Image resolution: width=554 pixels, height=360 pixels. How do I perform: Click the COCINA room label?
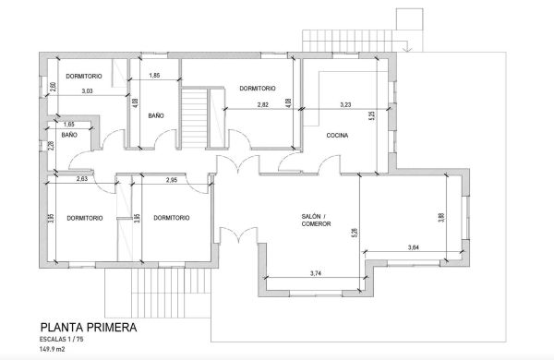[337, 136]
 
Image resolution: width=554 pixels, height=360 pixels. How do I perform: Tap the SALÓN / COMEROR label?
[316, 220]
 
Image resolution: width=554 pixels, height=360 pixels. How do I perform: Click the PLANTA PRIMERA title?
[89, 328]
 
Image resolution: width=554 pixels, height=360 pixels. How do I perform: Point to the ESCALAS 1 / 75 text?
[62, 340]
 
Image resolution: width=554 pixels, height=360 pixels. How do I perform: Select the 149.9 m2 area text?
[52, 350]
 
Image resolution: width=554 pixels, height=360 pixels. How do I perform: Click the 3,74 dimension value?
[316, 273]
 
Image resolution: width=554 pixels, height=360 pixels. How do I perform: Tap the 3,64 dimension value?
[414, 247]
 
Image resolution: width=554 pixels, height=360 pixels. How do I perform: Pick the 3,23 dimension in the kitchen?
[345, 105]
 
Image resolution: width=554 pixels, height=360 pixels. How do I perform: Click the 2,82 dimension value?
[263, 105]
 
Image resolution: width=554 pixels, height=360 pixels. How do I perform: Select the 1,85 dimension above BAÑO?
[154, 76]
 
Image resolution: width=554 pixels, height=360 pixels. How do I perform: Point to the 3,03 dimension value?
[87, 91]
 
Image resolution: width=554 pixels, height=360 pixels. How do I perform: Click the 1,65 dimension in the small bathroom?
[69, 125]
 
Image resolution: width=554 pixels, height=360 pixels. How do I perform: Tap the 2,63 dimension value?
[82, 179]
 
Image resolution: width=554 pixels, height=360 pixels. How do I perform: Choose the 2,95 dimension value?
[172, 180]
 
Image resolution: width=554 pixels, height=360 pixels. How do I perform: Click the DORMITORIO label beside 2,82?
[258, 89]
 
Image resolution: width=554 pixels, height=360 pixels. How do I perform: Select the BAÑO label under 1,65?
[69, 135]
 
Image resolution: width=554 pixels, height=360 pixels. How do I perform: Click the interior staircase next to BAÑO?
[194, 117]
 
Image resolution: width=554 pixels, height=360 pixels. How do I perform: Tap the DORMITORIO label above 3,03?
[84, 77]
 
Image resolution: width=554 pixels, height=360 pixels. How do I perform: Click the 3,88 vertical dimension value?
[441, 217]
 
